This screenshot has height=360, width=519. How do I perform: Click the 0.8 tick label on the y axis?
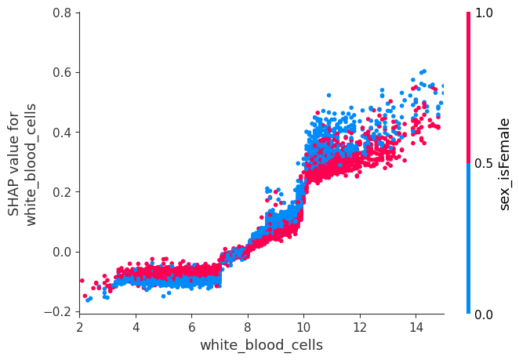point(62,13)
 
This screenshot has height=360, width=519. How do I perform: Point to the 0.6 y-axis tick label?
point(62,72)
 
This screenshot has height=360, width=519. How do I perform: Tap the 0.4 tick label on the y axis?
point(62,132)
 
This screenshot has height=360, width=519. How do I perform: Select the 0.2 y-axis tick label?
point(62,191)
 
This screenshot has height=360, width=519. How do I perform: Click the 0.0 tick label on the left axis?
point(62,252)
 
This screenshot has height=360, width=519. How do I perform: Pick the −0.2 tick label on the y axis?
point(59,311)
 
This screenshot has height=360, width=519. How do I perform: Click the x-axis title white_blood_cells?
point(261,345)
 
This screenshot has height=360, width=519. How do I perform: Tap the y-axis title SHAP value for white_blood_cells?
point(22,163)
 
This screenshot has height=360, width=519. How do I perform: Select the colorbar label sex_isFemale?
point(506,163)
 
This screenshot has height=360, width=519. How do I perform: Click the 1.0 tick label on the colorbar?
point(485,13)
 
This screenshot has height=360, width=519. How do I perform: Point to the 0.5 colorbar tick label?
point(485,163)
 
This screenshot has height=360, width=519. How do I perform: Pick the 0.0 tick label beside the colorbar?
point(485,315)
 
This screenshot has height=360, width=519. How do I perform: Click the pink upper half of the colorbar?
point(469,86)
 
